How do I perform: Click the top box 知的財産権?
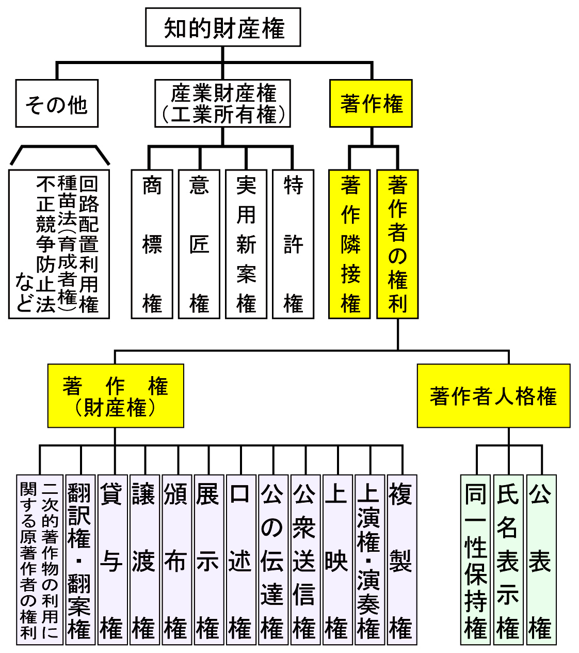223,27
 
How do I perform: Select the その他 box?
57,104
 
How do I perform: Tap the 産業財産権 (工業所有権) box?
223,103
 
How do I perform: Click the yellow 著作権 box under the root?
371,103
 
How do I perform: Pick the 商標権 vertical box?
152,244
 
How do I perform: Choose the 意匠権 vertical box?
199,244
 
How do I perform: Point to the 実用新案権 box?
246,244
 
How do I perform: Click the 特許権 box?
293,244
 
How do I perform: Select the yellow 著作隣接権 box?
350,244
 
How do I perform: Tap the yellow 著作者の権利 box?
397,244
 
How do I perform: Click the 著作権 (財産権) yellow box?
116,396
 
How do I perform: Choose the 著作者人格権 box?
493,396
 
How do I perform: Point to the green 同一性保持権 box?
475,559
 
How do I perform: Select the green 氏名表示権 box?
508,559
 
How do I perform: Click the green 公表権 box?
541,559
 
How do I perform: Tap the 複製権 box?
401,559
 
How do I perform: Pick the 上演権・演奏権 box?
369,559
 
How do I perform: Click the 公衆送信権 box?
305,559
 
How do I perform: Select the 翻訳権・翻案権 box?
80,559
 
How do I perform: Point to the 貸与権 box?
112,559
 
